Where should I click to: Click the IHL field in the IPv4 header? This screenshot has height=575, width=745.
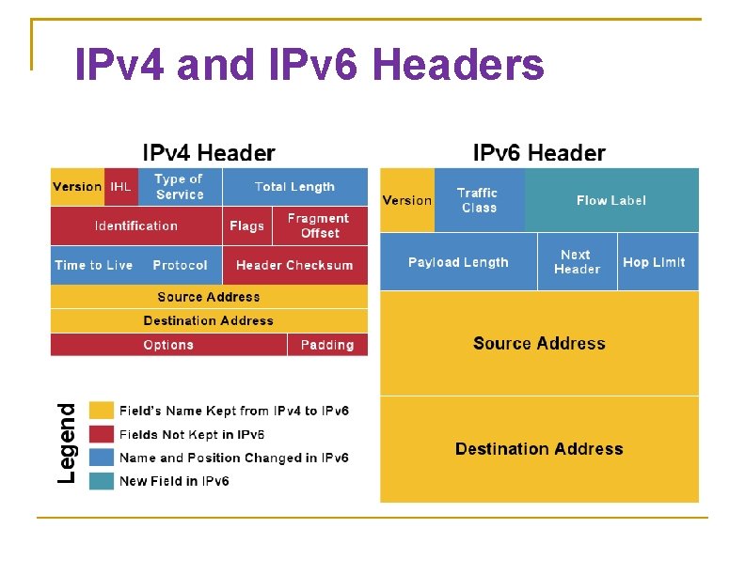click(x=121, y=187)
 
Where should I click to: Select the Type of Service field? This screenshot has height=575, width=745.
click(x=180, y=187)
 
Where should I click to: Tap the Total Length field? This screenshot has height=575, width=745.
click(x=294, y=187)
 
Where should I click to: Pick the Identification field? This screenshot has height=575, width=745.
click(x=136, y=225)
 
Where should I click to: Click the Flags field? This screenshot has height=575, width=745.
click(x=246, y=225)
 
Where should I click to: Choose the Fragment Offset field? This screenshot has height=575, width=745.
click(x=319, y=225)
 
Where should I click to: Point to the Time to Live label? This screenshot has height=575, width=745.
click(x=94, y=265)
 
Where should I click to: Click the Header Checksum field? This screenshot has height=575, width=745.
click(x=294, y=265)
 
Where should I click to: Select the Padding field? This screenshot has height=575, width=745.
click(x=327, y=345)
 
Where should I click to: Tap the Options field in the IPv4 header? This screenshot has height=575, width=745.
click(x=168, y=345)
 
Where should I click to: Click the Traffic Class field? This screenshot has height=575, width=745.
click(x=479, y=200)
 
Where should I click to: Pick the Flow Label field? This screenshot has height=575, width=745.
click(x=611, y=200)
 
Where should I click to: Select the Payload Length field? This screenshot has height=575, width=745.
click(x=458, y=262)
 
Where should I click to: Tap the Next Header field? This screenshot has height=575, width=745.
click(x=577, y=262)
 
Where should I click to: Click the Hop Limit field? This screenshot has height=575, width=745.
click(x=655, y=262)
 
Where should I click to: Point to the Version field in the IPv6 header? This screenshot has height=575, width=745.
click(x=407, y=200)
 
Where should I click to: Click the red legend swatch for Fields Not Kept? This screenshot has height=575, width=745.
click(x=102, y=434)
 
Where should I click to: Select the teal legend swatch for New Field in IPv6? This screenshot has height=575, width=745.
click(x=102, y=481)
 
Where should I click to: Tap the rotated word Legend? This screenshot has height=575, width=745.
click(x=67, y=443)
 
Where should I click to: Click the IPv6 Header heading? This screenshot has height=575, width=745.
click(x=539, y=153)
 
